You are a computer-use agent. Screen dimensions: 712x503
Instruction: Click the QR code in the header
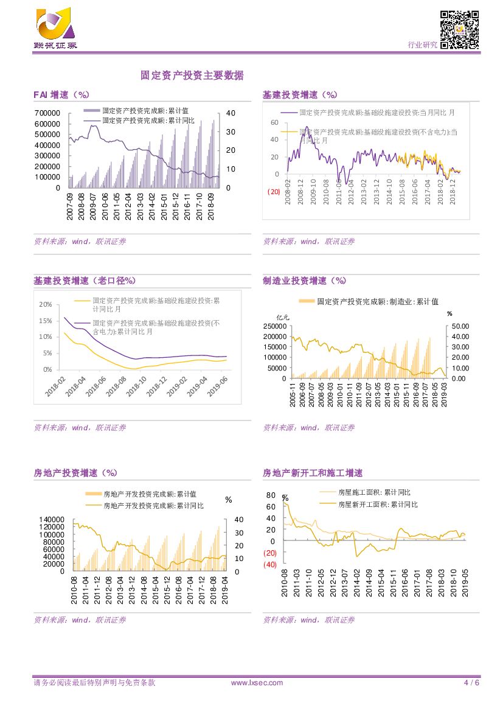(460, 29)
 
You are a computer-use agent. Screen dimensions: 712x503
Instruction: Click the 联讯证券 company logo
(55, 28)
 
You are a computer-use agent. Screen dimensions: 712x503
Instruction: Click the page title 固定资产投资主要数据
(192, 75)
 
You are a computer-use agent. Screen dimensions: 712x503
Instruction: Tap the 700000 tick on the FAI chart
(47, 113)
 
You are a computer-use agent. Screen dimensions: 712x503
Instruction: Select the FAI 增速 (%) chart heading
(61, 95)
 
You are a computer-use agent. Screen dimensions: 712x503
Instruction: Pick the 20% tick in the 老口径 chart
(45, 304)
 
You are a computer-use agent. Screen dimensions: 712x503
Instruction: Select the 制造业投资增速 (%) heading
(304, 281)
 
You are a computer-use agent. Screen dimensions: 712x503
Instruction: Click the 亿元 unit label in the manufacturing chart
(283, 317)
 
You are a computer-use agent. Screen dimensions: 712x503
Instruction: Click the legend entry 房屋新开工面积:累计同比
(378, 504)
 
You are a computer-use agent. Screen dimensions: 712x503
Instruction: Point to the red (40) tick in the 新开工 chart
(271, 565)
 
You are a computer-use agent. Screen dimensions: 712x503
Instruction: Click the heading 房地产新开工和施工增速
(312, 473)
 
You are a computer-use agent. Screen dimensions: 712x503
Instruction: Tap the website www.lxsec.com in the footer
(257, 683)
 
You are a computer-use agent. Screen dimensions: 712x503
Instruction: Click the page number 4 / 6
(472, 683)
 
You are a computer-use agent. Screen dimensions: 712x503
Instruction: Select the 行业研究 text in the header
(422, 44)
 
